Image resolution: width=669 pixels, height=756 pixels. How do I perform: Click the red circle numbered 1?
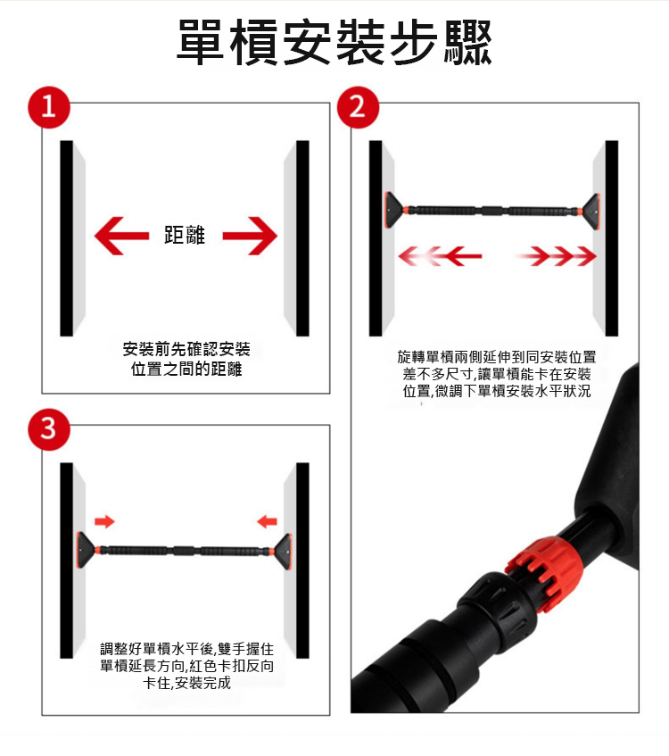click(x=49, y=107)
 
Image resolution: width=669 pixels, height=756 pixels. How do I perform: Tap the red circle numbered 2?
click(x=358, y=107)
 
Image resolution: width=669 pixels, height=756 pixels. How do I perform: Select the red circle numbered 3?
click(x=49, y=429)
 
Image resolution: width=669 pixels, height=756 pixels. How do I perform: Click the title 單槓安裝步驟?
click(x=334, y=43)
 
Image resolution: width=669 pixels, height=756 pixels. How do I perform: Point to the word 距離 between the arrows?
click(x=185, y=236)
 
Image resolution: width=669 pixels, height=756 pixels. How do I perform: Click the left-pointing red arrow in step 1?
click(x=122, y=236)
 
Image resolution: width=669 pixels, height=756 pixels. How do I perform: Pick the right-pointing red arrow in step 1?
click(x=250, y=236)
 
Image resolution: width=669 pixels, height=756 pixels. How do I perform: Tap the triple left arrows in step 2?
click(x=440, y=256)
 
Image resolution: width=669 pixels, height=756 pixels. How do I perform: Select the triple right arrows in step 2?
click(x=556, y=256)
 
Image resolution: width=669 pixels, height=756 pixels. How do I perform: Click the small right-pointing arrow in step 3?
click(x=104, y=521)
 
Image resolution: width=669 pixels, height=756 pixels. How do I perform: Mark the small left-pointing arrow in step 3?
click(x=267, y=521)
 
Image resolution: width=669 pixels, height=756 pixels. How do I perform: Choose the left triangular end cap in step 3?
click(x=87, y=550)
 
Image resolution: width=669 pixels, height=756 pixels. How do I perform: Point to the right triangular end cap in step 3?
click(x=282, y=551)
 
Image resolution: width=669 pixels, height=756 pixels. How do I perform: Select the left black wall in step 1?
click(x=67, y=238)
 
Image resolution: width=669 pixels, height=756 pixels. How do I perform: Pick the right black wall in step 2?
click(x=612, y=238)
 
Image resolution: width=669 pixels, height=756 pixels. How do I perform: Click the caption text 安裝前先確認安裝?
click(x=186, y=349)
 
